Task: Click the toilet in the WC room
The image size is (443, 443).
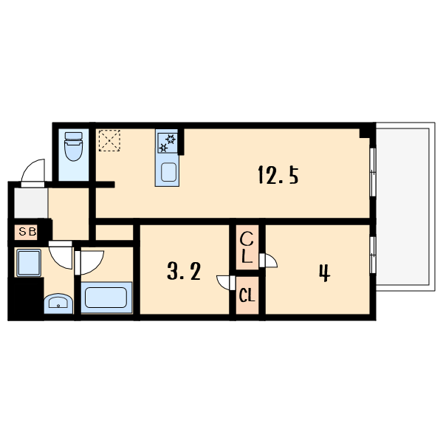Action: tap(73, 146)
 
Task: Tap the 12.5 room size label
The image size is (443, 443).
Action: tap(278, 175)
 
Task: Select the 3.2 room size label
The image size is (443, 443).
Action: tap(184, 271)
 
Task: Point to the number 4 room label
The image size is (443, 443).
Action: tap(325, 272)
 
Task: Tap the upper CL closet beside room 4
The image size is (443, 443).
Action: tap(247, 247)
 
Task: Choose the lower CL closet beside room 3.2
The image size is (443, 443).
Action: tap(247, 295)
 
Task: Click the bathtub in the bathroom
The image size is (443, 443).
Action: tap(106, 298)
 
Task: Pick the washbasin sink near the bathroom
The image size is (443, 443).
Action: tap(58, 303)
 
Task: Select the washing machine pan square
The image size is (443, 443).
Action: tap(29, 263)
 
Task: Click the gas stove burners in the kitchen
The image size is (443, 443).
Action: tap(168, 143)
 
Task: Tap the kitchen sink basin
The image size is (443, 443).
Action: tap(169, 173)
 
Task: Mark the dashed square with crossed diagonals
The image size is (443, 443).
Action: tap(109, 140)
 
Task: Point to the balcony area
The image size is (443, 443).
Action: tap(405, 207)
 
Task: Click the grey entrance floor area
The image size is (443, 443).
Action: tap(31, 202)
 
